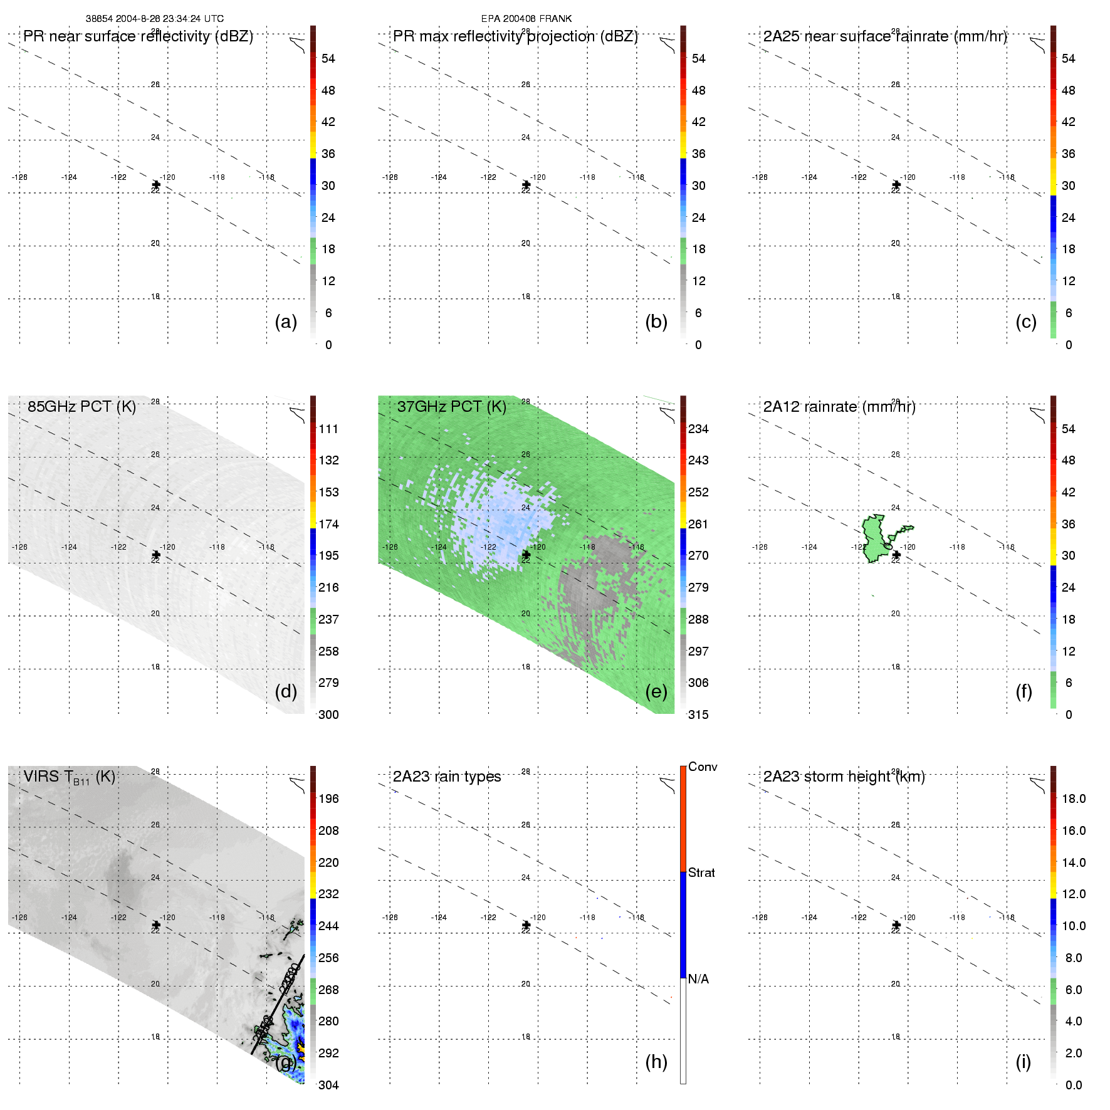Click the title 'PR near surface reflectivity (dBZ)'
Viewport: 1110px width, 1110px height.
click(x=138, y=36)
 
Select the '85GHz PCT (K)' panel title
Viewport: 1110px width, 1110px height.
click(x=81, y=407)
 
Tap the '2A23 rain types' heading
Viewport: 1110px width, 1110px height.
click(x=446, y=777)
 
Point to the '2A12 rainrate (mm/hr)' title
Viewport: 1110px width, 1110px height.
click(x=839, y=407)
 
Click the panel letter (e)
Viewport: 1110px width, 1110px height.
click(x=656, y=691)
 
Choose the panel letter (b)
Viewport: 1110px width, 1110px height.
click(x=656, y=322)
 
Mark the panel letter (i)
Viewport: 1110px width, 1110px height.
click(x=1023, y=1062)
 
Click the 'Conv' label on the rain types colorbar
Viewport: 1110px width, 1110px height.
click(x=702, y=767)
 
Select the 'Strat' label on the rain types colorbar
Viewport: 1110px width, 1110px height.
click(x=701, y=872)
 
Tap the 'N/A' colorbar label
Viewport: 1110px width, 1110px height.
click(x=698, y=979)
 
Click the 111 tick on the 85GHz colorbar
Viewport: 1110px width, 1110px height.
click(x=328, y=429)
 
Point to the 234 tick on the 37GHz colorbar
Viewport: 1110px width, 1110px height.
click(x=698, y=429)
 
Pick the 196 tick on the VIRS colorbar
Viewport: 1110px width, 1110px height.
click(x=328, y=798)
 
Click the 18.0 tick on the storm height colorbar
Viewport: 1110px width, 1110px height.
click(x=1073, y=798)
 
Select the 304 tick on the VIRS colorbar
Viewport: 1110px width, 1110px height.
click(x=328, y=1085)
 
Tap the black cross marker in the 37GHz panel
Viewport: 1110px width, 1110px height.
click(x=526, y=555)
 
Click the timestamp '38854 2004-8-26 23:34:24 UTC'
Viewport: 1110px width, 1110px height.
click(x=155, y=19)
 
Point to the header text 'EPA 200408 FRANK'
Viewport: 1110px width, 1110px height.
click(x=526, y=19)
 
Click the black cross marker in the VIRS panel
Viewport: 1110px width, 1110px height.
click(x=156, y=924)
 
